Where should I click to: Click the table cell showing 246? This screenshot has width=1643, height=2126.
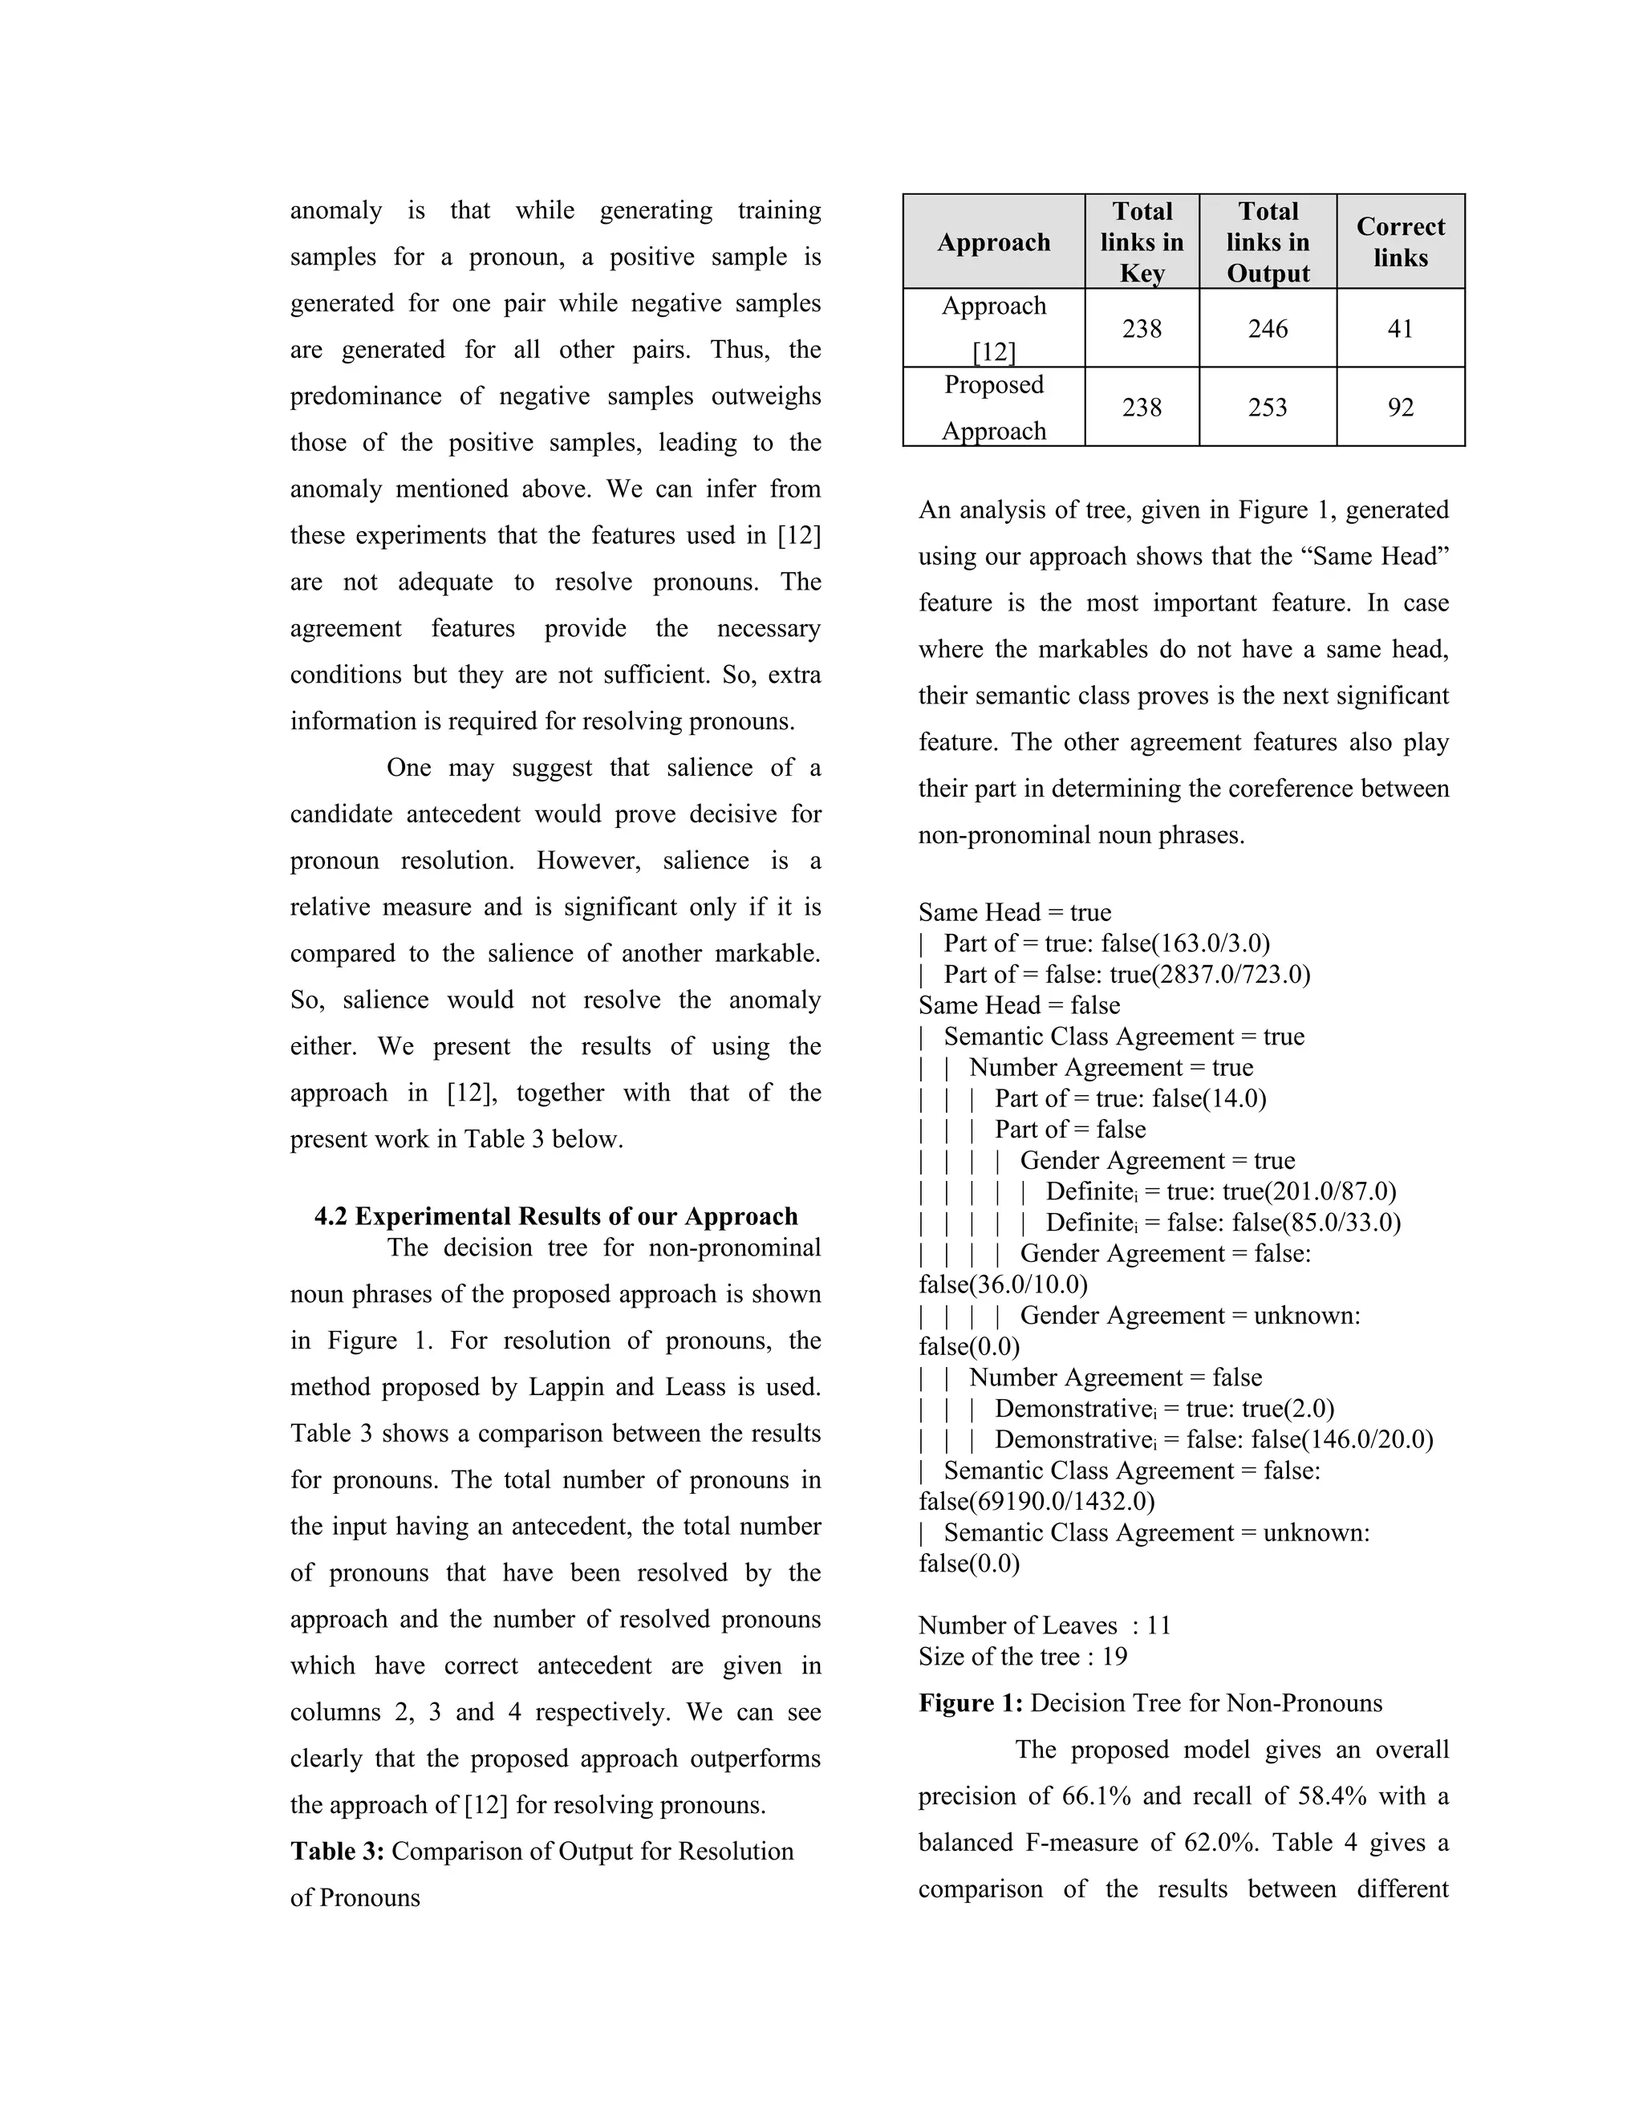click(1268, 329)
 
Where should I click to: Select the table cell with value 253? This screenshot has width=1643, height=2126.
click(1268, 408)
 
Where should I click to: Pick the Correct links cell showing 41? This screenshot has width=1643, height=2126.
click(1400, 329)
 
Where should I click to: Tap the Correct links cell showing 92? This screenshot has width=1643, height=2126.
click(1400, 408)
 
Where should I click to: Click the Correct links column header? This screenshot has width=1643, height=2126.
click(1400, 242)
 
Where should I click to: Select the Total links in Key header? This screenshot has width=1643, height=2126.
click(1142, 242)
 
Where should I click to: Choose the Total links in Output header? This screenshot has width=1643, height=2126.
click(1268, 242)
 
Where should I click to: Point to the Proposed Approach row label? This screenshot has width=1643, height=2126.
click(994, 408)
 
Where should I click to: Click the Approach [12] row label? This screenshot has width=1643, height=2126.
click(994, 329)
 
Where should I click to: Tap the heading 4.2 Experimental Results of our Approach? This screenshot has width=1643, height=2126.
click(556, 1217)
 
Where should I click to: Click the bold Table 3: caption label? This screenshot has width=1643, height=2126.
click(338, 1852)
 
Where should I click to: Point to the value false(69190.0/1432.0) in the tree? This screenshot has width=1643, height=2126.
click(1037, 1501)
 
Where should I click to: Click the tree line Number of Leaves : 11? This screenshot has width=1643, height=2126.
click(1045, 1625)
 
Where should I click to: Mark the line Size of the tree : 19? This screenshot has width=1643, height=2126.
click(1022, 1657)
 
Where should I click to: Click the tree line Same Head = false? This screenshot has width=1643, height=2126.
click(1019, 1005)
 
